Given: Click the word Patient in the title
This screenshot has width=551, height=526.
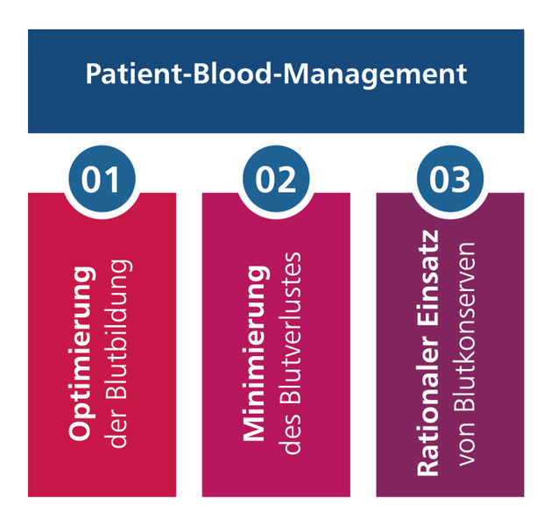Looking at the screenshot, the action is tap(133, 74).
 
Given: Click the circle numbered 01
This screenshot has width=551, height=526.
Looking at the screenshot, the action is tap(102, 179).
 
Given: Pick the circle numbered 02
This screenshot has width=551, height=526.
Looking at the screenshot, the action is tap(276, 179).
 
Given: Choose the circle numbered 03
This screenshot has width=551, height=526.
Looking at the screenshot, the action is tap(450, 179).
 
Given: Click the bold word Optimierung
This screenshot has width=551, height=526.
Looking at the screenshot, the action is tap(82, 353).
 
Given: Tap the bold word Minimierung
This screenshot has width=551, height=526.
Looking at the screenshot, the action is tap(256, 353).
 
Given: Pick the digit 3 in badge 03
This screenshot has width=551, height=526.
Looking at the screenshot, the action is tap(461, 180).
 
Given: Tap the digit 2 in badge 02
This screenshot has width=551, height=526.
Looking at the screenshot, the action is tap(286, 180).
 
